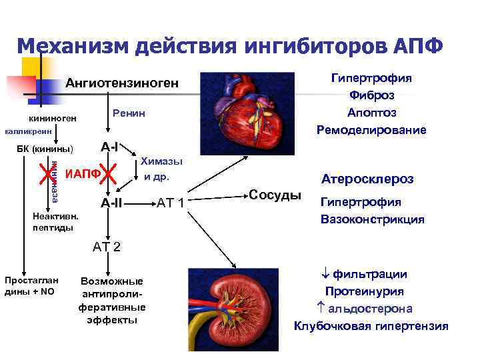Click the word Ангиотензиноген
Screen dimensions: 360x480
pyautogui.click(x=122, y=83)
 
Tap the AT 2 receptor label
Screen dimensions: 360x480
pyautogui.click(x=107, y=247)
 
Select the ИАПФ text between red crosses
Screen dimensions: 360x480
pyautogui.click(x=83, y=174)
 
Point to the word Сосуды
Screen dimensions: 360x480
pyautogui.click(x=274, y=195)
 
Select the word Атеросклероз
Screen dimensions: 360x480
pyautogui.click(x=367, y=179)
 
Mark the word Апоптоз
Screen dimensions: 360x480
pyautogui.click(x=371, y=112)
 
